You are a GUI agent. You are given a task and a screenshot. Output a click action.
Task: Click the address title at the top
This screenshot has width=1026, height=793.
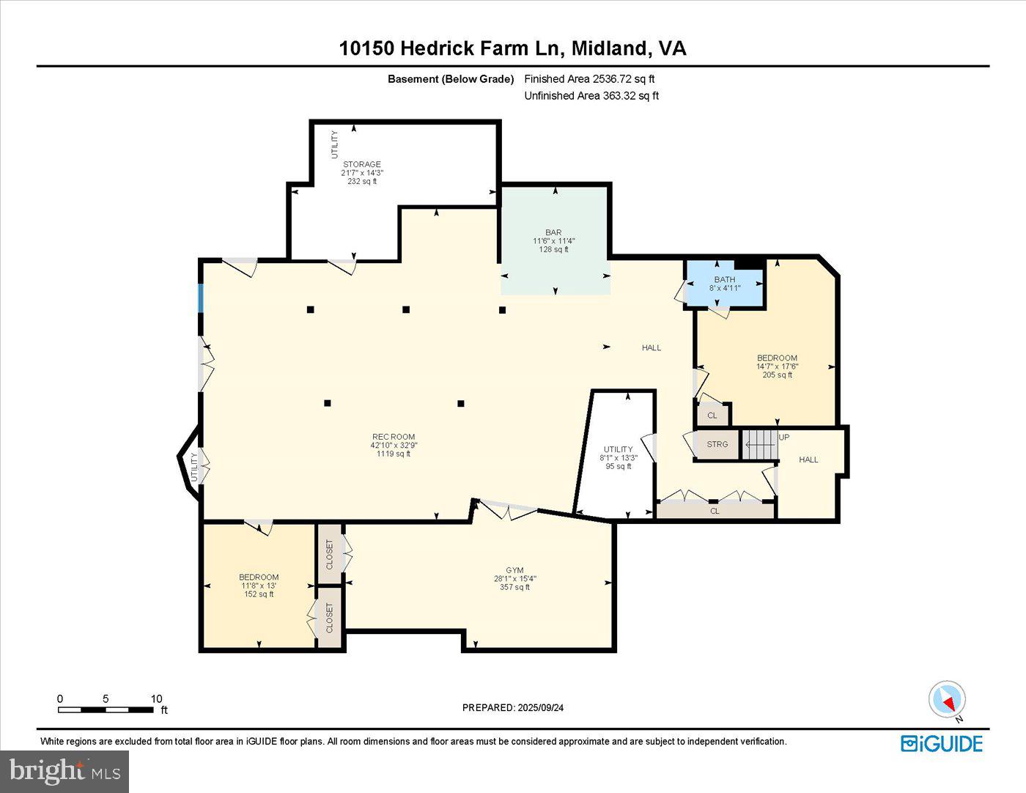[512, 48]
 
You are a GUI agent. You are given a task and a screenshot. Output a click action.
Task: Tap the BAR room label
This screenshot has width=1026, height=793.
[553, 241]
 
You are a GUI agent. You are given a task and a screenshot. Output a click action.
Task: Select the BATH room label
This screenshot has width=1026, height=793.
[725, 284]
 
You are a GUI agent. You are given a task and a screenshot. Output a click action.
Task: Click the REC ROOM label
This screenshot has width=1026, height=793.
[394, 445]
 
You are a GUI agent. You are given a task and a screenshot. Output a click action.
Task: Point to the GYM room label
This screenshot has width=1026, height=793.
[514, 578]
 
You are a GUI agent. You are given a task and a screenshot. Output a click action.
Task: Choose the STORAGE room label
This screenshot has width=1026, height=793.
[362, 172]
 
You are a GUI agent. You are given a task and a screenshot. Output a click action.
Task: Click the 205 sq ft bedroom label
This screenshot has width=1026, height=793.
[777, 366]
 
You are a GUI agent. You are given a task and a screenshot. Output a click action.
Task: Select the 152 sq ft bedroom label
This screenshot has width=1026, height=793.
[259, 585]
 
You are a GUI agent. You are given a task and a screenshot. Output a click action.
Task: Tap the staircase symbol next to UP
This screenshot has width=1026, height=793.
[759, 444]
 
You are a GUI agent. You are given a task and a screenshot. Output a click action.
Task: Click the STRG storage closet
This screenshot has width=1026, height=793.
[717, 444]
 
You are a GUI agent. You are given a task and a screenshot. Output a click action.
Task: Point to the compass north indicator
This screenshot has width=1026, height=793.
[947, 700]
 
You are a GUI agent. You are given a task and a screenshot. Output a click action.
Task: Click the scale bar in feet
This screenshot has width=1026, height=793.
[106, 709]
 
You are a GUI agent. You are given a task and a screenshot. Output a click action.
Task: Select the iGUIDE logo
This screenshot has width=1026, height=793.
[942, 743]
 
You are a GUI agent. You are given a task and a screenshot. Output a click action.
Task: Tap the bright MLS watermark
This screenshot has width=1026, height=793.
[64, 771]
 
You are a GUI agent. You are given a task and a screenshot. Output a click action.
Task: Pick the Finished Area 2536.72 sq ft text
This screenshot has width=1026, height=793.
[589, 78]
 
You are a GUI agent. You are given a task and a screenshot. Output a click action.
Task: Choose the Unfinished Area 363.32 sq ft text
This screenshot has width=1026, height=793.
[591, 95]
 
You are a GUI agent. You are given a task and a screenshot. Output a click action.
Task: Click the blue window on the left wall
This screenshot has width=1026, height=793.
[200, 298]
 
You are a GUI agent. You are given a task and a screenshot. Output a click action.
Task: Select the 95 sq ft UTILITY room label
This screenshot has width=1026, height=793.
[619, 457]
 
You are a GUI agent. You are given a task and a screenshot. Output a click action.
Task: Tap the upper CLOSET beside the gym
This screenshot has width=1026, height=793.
[330, 554]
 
